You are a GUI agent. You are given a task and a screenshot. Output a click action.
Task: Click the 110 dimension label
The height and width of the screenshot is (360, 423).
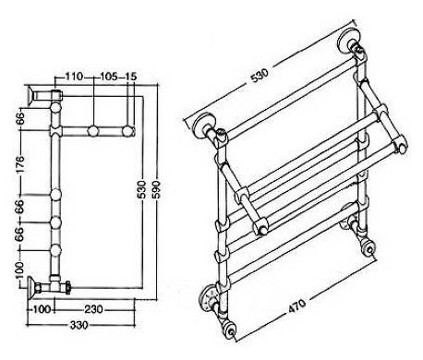tap(75, 77)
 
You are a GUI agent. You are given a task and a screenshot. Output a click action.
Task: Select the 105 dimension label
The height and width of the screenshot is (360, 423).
tap(108, 77)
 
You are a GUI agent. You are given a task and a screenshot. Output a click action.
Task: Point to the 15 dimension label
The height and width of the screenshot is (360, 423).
tap(130, 77)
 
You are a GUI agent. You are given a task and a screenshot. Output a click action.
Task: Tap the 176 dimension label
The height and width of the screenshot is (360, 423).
tap(19, 164)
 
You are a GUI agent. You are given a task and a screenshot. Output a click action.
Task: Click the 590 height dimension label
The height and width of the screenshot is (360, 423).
tap(157, 189)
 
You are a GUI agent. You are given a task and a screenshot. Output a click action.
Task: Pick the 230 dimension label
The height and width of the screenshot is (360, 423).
tap(93, 309)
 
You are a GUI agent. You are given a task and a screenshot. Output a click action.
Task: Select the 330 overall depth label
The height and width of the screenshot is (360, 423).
tap(79, 325)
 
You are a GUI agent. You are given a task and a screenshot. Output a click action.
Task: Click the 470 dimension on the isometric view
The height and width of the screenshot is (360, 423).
tap(297, 306)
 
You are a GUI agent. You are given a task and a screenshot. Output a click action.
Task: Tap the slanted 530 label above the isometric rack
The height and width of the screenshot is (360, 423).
tap(260, 75)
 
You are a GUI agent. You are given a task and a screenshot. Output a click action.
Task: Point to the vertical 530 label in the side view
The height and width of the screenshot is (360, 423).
tap(141, 189)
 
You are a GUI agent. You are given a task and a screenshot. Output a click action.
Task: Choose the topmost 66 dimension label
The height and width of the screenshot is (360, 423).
tap(19, 119)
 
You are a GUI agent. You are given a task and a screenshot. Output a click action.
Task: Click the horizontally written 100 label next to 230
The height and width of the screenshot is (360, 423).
tap(42, 309)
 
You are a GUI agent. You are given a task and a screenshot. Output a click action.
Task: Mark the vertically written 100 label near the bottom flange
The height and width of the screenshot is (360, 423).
tap(19, 270)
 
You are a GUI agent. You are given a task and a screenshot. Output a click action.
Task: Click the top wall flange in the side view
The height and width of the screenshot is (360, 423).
tap(30, 96)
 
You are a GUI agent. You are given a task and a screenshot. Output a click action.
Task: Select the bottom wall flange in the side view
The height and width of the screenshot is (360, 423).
tap(30, 287)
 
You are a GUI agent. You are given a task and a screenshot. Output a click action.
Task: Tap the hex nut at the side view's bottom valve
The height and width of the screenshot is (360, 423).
tap(67, 287)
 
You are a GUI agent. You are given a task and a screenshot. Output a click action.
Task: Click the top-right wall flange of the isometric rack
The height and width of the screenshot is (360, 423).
tap(348, 40)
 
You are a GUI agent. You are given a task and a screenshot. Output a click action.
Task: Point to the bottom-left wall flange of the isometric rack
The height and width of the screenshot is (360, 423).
tap(211, 298)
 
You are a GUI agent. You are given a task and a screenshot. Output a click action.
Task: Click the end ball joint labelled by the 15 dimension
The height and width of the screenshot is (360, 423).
tap(127, 131)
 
